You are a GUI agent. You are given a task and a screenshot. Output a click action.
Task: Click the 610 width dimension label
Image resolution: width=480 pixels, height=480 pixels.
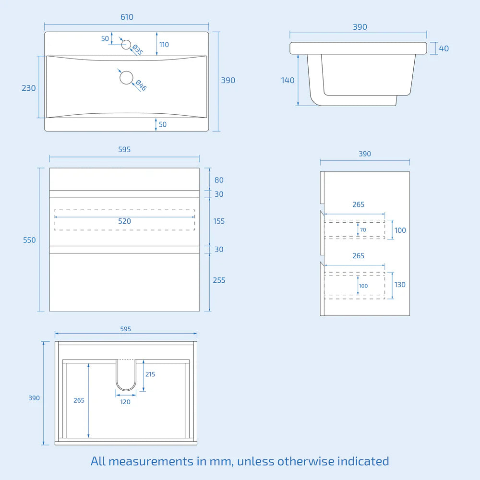click(127, 17)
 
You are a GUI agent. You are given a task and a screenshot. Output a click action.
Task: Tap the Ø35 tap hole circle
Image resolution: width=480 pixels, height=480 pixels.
click(126, 45)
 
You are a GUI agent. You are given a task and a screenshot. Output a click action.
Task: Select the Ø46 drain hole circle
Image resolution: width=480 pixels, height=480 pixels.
click(126, 78)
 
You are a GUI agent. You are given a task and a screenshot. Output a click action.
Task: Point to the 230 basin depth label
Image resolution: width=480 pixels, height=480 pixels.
click(29, 88)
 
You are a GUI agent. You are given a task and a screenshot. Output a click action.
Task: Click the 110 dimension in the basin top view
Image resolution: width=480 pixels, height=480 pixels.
click(164, 45)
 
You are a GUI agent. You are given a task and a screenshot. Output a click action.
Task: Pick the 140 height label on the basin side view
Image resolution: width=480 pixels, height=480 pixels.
click(288, 81)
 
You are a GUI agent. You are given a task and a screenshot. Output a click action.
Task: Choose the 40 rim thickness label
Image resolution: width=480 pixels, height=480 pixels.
click(444, 48)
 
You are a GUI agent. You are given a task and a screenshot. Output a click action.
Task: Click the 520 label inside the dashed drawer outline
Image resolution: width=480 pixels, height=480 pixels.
click(124, 221)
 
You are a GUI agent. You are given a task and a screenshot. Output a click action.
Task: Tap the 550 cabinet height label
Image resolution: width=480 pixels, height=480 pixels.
click(29, 240)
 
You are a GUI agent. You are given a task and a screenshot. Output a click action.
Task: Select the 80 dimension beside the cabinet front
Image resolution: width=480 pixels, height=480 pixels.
click(219, 180)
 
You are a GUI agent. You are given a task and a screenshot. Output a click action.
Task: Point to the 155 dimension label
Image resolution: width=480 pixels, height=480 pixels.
click(219, 221)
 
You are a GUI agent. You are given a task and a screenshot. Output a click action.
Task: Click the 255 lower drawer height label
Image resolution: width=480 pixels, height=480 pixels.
click(219, 280)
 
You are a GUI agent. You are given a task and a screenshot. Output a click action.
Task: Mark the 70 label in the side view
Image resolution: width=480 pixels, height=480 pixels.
click(363, 230)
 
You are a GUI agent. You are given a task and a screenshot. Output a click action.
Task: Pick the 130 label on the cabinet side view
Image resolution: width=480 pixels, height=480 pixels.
click(400, 285)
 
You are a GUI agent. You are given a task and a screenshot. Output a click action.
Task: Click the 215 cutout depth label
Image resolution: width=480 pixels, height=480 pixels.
click(150, 374)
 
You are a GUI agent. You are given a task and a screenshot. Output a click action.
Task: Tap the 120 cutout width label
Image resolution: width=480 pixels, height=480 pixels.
click(125, 402)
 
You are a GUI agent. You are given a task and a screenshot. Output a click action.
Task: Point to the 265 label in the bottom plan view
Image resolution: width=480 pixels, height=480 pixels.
click(79, 400)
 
